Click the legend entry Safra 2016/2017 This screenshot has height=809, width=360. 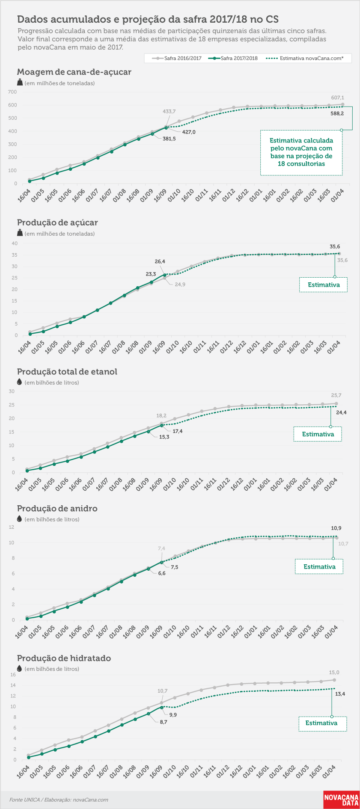coord(177,58)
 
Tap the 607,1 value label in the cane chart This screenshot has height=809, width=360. coord(337,98)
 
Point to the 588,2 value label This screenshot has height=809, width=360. coord(337,114)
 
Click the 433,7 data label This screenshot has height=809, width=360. coord(169,112)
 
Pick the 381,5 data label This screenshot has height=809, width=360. coord(169,139)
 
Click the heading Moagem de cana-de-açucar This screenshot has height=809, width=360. coord(74,72)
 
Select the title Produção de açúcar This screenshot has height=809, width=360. coord(57,222)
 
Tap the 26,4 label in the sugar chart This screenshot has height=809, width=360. coord(160,261)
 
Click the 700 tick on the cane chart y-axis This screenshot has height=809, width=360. coord(12,92)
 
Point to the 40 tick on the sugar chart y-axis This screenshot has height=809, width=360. coord(15,243)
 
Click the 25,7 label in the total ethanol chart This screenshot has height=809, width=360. coord(336,395)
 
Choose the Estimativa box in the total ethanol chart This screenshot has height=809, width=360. coord(318,434)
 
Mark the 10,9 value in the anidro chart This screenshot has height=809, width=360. coord(336,528)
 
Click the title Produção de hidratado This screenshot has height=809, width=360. coord(64,658)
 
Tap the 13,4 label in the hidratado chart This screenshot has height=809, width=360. coord(340,694)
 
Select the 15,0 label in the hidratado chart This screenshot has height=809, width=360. coord(334,673)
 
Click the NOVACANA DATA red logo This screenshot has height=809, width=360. coord(341,800)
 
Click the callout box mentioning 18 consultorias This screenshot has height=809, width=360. coord(301,152)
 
